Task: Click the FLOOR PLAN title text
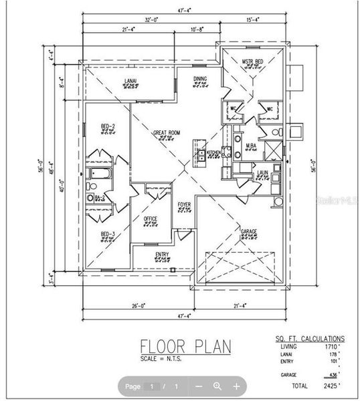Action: [185, 346]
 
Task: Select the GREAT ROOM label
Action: [167, 133]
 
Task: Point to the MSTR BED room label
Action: [253, 61]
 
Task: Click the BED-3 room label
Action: [108, 233]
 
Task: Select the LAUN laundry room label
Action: [263, 172]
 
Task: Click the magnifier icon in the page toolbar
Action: [217, 386]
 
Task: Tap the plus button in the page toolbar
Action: [236, 386]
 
